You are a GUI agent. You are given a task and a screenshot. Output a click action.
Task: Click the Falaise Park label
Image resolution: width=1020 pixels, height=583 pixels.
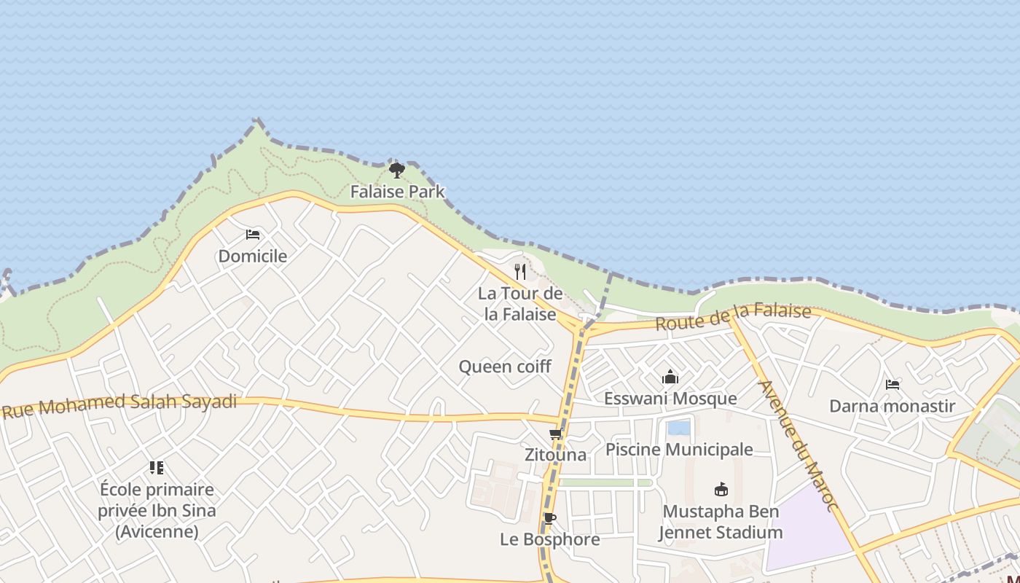pyautogui.click(x=397, y=192)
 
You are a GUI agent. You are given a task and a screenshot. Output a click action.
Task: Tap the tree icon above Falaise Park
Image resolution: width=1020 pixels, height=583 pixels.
pyautogui.click(x=396, y=171)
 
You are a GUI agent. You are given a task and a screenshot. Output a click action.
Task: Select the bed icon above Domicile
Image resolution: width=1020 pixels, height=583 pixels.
pyautogui.click(x=253, y=235)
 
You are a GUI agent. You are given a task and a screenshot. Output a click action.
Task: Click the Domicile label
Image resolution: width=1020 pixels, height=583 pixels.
pyautogui.click(x=253, y=257)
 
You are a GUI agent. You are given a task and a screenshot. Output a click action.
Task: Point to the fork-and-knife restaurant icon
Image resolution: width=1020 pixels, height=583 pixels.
pyautogui.click(x=520, y=272)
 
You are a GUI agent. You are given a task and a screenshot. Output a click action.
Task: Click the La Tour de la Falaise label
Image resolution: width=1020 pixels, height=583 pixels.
pyautogui.click(x=520, y=304)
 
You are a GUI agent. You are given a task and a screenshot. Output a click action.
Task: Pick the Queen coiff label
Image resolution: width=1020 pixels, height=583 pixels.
pyautogui.click(x=505, y=367)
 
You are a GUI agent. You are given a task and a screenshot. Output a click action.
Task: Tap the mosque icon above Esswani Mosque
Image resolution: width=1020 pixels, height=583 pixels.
pyautogui.click(x=670, y=377)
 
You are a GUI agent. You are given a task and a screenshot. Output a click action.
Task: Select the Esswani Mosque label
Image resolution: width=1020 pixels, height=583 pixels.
pyautogui.click(x=670, y=399)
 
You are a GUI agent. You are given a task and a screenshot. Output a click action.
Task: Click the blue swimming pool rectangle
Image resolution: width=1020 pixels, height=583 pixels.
pyautogui.click(x=679, y=428)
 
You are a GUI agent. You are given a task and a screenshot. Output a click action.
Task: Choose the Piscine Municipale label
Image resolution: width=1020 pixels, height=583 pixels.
pyautogui.click(x=679, y=450)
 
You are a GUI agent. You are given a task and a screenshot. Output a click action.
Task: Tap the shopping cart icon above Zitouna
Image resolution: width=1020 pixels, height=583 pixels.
pyautogui.click(x=555, y=434)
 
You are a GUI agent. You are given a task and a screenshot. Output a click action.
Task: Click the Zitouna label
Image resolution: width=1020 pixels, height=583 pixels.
pyautogui.click(x=555, y=455)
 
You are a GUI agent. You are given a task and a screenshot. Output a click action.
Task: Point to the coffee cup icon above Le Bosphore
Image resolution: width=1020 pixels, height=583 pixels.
pyautogui.click(x=549, y=519)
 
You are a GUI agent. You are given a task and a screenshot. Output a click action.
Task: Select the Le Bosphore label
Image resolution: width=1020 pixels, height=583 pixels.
pyautogui.click(x=549, y=539)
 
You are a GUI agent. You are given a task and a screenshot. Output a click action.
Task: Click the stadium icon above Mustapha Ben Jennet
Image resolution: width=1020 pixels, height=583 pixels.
pyautogui.click(x=721, y=489)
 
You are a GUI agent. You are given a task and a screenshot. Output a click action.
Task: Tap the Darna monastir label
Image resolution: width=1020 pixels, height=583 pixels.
pyautogui.click(x=892, y=406)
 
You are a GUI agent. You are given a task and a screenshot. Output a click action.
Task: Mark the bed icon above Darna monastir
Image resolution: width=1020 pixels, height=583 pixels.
pyautogui.click(x=892, y=384)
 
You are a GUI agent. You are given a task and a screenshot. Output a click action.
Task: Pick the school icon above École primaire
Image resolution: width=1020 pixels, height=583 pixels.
pyautogui.click(x=157, y=468)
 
